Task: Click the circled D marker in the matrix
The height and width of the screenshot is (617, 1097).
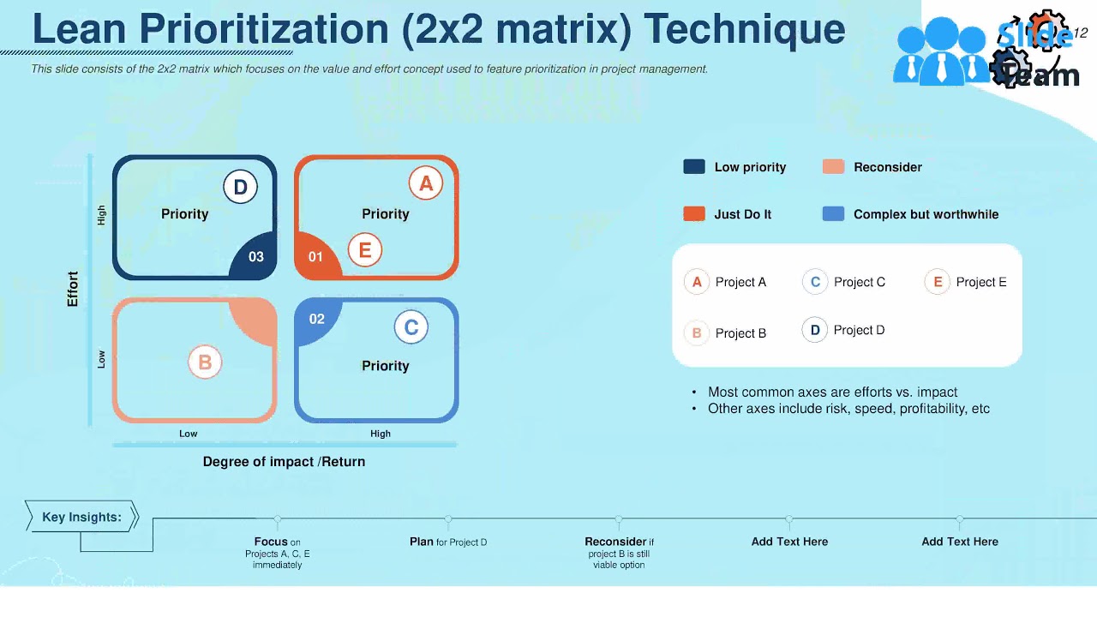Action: (241, 188)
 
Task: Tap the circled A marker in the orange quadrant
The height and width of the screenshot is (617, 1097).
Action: (426, 183)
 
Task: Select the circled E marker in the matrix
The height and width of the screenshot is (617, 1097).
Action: (365, 250)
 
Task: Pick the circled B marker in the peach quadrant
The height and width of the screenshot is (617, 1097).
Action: (205, 362)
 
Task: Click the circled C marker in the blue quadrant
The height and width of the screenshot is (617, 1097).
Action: (411, 327)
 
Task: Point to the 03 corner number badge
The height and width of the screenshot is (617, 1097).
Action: (255, 257)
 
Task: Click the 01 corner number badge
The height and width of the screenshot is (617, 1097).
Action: (315, 257)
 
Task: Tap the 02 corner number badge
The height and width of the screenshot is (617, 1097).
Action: (316, 320)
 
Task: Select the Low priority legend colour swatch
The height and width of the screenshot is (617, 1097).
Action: (694, 167)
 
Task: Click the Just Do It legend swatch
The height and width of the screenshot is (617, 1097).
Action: (694, 214)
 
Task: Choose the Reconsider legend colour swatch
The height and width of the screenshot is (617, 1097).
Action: (833, 167)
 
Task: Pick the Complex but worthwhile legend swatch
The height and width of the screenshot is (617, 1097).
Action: (833, 214)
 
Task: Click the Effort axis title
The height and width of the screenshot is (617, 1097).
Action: (73, 289)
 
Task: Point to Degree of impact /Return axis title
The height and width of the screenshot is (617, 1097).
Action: (284, 462)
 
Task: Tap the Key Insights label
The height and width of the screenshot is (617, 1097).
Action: (81, 517)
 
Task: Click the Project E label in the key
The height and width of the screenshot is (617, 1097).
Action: (981, 282)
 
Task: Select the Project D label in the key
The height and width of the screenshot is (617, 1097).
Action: (859, 330)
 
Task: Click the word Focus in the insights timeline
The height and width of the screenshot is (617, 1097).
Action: (271, 542)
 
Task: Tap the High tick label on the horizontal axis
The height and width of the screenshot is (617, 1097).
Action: (381, 434)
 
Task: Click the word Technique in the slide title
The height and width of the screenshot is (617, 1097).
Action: (744, 29)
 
